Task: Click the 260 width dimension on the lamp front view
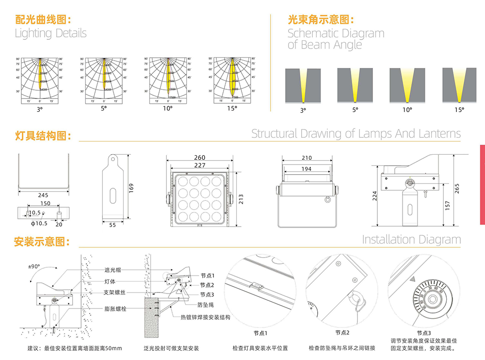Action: (x=199, y=158)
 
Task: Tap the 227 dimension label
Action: (x=199, y=165)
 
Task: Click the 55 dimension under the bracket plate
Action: (x=112, y=225)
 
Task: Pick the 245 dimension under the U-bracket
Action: (x=44, y=195)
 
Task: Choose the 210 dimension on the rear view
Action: (x=307, y=158)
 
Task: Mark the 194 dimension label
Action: (x=307, y=169)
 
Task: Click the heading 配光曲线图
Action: (x=43, y=20)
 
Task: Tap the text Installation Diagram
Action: (x=411, y=239)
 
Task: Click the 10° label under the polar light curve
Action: (x=167, y=108)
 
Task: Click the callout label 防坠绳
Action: (x=205, y=305)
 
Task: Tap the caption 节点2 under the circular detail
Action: (x=342, y=333)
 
